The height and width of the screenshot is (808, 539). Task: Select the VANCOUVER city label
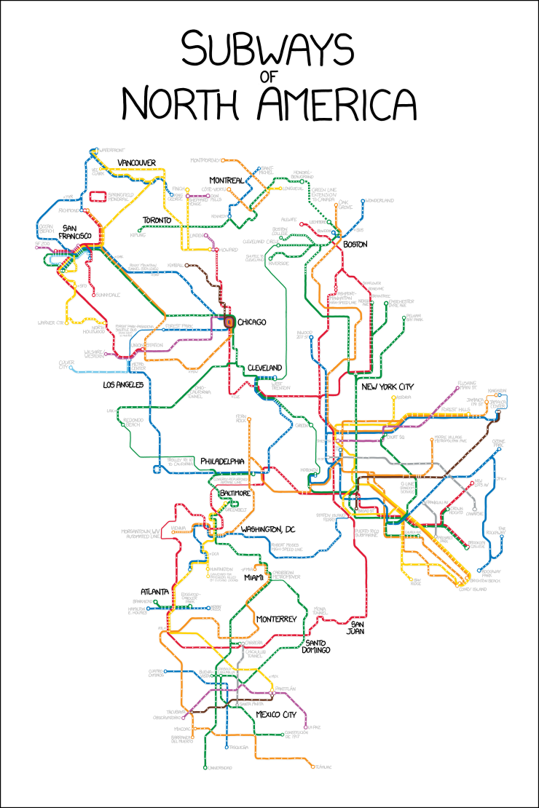point(137,162)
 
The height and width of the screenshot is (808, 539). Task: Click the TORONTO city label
point(157,220)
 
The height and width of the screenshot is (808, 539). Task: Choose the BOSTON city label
point(355,244)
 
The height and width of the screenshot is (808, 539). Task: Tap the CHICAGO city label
point(252,322)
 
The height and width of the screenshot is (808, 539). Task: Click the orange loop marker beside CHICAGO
point(229,322)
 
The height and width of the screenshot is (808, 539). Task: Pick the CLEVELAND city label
point(264,368)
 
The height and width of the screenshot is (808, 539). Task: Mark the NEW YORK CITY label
point(387,386)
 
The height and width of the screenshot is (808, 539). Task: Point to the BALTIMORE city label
point(235,493)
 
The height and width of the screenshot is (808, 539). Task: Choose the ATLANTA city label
point(154,591)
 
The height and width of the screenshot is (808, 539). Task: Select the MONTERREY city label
point(276,619)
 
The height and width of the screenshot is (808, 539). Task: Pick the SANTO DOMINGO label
point(318,646)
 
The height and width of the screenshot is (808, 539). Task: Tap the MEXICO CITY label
point(275,715)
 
